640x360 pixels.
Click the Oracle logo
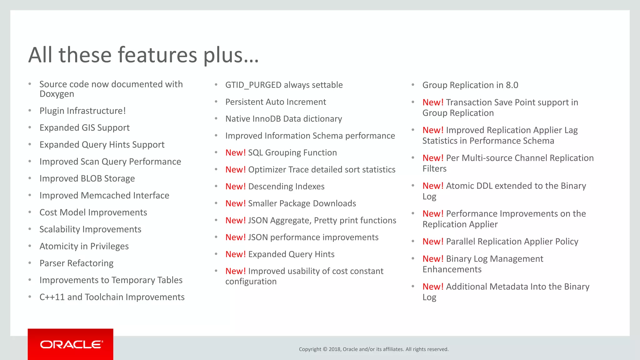(71, 344)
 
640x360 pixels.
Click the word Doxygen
(57, 94)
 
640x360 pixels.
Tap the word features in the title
(157, 55)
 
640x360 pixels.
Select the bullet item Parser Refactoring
(76, 263)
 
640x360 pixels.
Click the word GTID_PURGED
(253, 85)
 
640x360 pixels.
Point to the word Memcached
(105, 196)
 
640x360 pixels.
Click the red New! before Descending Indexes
(235, 187)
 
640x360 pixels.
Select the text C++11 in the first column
(52, 297)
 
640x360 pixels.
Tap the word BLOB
(91, 179)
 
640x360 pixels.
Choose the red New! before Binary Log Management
(433, 259)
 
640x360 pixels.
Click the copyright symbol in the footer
(325, 349)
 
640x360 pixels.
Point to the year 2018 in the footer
(334, 349)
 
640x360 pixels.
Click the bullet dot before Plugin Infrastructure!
(30, 111)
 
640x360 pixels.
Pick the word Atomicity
(58, 247)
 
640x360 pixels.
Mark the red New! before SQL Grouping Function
(235, 153)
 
